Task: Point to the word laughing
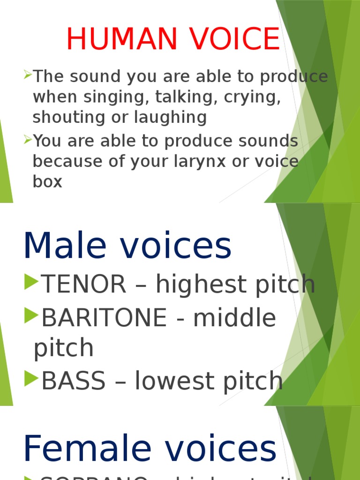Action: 170,118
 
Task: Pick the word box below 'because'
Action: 47,181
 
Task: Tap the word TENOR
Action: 84,285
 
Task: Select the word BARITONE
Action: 104,318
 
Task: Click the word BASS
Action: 74,382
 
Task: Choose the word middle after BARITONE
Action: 235,318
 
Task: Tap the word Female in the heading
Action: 87,449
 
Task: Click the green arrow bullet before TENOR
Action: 31,281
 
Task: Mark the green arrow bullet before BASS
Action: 31,378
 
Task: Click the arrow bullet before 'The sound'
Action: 28,74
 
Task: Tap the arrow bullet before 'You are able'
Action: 28,139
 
